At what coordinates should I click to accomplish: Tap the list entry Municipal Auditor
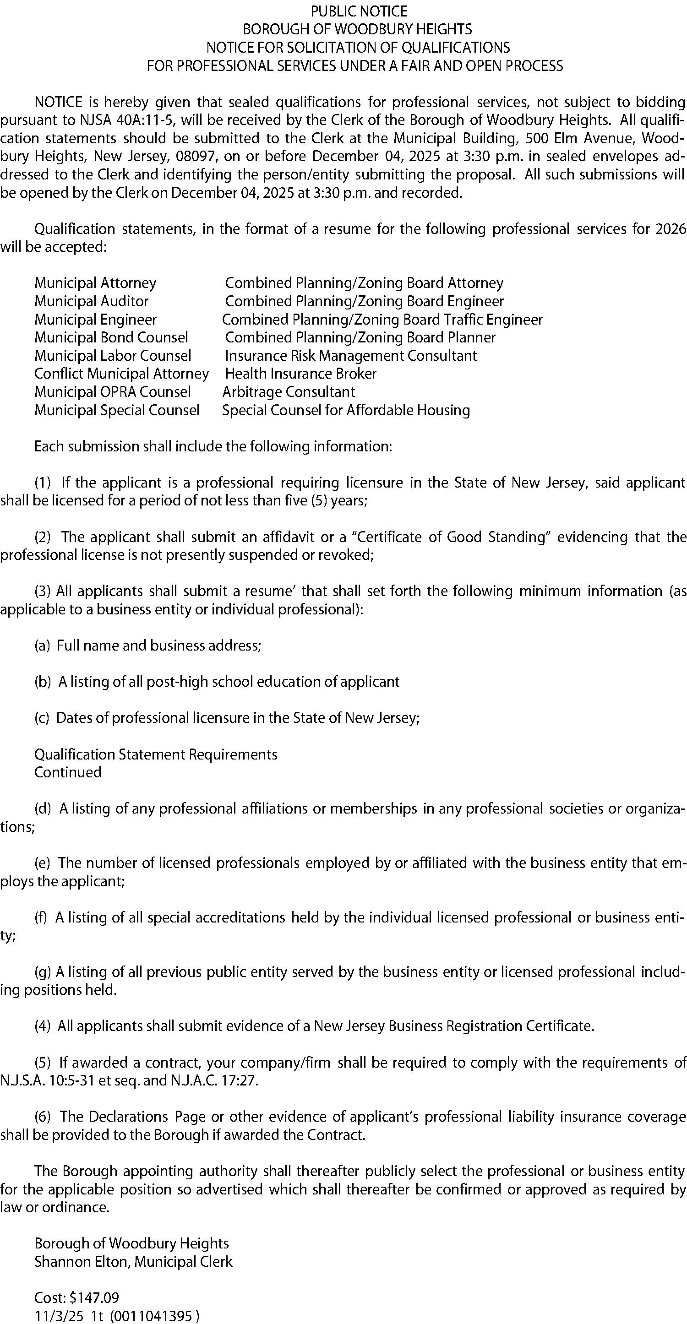tap(92, 301)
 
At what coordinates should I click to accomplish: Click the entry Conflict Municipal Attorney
tap(121, 374)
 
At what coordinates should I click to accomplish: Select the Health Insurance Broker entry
tap(301, 374)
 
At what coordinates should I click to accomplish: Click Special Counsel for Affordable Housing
tap(346, 410)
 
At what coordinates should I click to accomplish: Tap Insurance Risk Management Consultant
tap(351, 356)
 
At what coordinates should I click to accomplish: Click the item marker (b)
tap(43, 682)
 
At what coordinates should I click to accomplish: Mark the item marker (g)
tap(43, 972)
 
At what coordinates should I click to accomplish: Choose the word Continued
tap(68, 772)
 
